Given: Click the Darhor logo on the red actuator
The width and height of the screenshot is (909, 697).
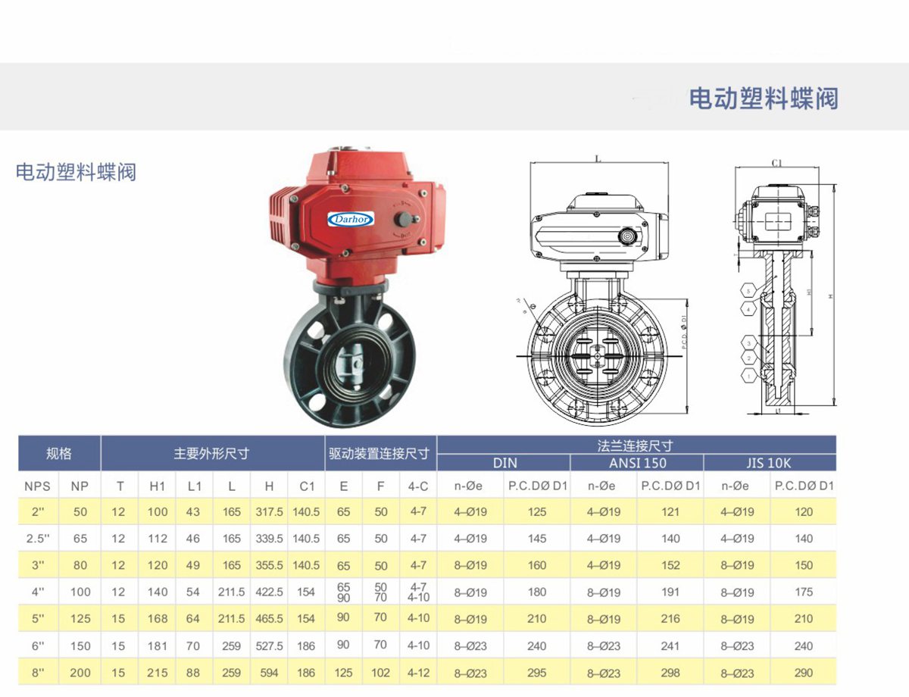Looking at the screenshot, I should [x=351, y=219].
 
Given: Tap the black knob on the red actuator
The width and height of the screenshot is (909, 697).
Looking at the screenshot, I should [x=404, y=220].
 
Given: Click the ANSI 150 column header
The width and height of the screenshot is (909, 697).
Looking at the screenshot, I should [x=637, y=463].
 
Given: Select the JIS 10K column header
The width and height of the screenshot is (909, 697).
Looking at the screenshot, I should [x=769, y=463].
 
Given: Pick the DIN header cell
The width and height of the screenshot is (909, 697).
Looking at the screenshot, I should [x=504, y=463].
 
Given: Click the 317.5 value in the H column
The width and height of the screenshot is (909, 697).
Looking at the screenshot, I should [x=269, y=512].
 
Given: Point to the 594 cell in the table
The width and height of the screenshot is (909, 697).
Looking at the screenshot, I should [x=269, y=673].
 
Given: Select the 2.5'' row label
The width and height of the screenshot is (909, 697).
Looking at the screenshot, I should [x=37, y=539].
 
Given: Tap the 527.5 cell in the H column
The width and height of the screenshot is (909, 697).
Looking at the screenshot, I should [x=269, y=646].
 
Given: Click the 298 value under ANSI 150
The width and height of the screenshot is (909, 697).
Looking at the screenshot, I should [x=670, y=673].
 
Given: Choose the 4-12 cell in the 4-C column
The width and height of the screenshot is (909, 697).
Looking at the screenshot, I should [x=418, y=672].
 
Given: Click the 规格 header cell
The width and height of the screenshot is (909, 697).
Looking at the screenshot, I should [x=59, y=454].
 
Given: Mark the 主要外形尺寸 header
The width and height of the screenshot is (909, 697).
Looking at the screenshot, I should [x=211, y=454].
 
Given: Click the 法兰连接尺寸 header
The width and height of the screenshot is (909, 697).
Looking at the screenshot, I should [x=636, y=445].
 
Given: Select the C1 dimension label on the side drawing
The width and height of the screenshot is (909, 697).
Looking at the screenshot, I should [x=776, y=163].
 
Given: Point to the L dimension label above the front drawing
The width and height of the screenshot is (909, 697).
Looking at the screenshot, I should [x=598, y=159].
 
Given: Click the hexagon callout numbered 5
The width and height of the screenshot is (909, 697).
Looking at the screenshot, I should [x=748, y=291].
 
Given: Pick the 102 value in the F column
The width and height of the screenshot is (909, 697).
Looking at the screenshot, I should [x=381, y=672].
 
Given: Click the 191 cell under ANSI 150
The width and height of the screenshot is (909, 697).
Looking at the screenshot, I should [x=670, y=592].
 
